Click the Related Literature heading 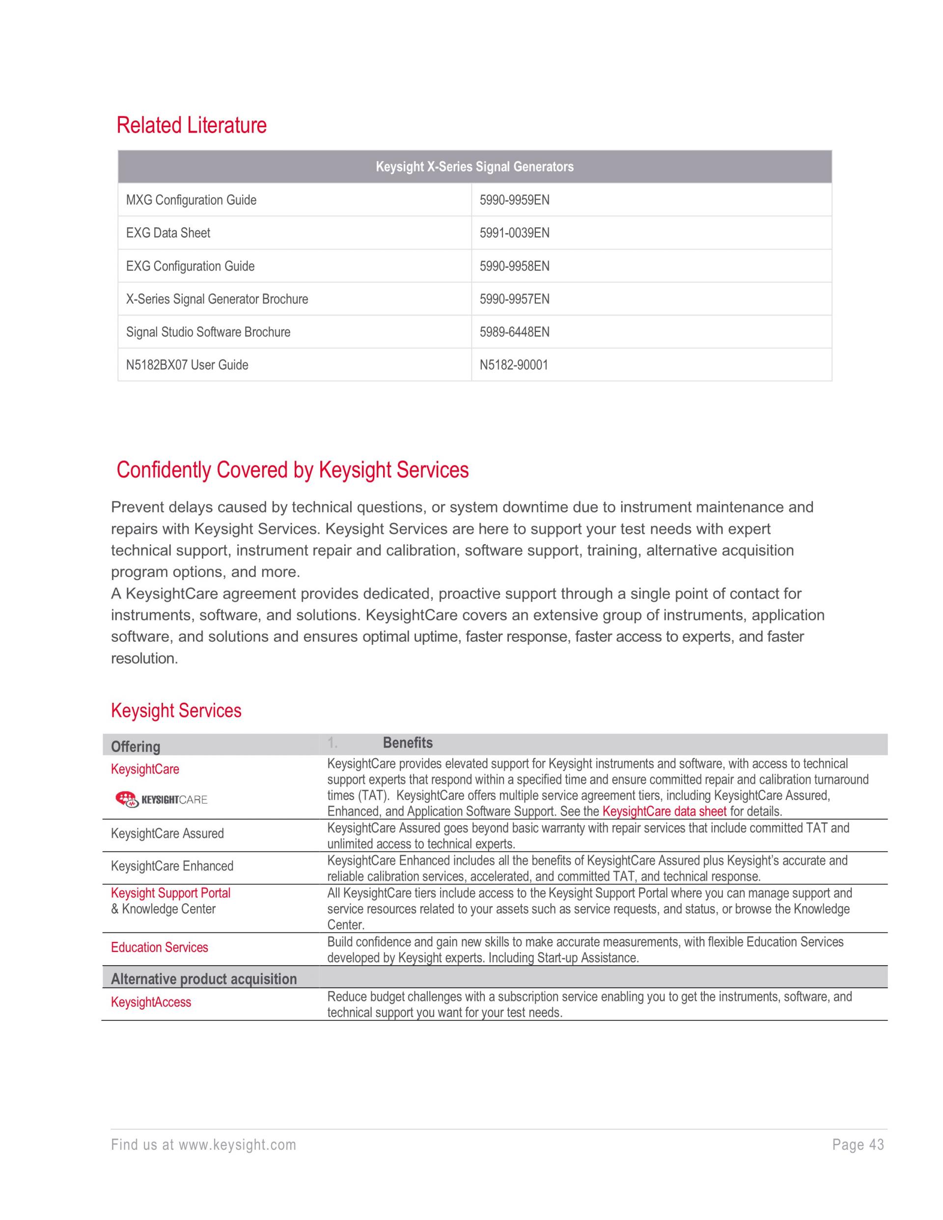191,125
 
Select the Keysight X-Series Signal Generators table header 474,166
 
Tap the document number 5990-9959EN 514,200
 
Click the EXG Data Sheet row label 168,233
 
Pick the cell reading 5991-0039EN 514,233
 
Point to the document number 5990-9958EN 514,266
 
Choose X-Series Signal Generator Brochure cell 217,299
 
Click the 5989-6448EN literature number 514,332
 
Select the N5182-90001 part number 513,365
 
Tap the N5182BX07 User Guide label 187,365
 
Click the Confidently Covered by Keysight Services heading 292,470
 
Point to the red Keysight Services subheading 176,711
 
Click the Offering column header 135,747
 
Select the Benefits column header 407,743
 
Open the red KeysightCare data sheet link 664,811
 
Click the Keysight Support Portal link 170,893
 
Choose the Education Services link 159,947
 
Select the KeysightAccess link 151,1001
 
